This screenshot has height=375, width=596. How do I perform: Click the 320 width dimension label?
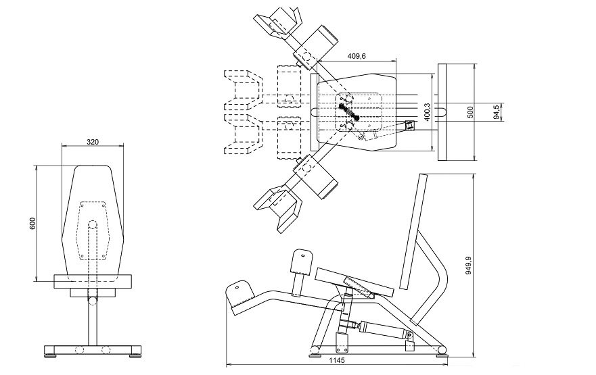93,142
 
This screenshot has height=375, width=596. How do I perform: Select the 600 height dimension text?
32,223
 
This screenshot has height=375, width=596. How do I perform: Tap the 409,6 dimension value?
357,56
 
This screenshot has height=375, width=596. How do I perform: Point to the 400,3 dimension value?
427,112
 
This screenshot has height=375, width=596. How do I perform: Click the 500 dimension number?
470,112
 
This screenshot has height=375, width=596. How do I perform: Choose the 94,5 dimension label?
496,112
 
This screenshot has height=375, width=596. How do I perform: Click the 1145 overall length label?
337,361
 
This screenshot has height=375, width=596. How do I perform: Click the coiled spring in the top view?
349,111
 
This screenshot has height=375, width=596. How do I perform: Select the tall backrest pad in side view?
414,232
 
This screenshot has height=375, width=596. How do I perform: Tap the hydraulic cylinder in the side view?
384,328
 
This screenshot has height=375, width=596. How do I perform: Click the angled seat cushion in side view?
354,282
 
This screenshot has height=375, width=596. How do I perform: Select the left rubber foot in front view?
51,355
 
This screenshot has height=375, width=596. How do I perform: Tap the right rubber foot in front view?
135,355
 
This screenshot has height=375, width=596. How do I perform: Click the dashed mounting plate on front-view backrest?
93,231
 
